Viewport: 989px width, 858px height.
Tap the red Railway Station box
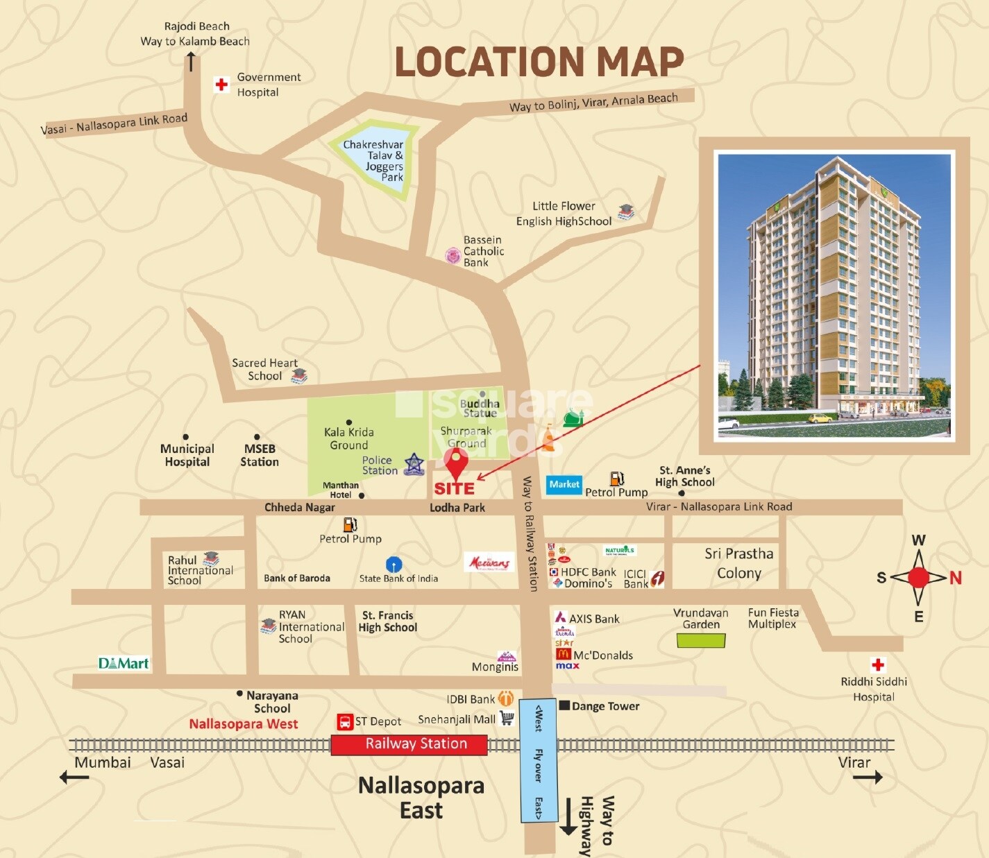coord(409,744)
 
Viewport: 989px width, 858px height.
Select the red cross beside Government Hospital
coord(221,85)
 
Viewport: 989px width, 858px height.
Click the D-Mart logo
coord(124,663)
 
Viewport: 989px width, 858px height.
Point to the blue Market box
coord(564,484)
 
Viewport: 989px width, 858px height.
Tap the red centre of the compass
coord(918,577)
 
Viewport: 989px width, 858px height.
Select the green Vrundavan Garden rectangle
coord(701,640)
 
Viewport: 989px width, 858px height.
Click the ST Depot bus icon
coord(345,722)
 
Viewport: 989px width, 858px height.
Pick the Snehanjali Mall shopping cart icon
coord(507,719)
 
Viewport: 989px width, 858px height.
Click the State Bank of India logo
coord(394,564)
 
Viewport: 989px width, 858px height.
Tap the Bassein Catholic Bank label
coord(483,251)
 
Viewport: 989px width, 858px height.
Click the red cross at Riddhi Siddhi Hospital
coord(878,664)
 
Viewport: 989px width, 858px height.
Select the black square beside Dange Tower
coord(564,705)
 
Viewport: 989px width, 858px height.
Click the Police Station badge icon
coord(414,463)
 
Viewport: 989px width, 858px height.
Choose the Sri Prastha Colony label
coord(738,563)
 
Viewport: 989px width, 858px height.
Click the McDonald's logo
coord(563,654)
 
